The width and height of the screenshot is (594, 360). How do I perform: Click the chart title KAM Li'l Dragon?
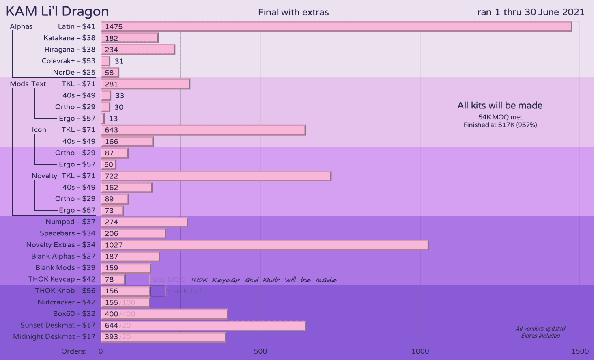point(57,11)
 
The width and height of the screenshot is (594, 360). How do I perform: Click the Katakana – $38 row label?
point(69,38)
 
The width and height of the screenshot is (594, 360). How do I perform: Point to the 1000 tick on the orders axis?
point(420,351)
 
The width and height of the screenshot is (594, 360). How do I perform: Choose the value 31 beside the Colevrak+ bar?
point(119,61)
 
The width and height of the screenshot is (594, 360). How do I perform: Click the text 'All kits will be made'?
point(500,106)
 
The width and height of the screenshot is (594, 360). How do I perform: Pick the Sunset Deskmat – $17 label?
point(58,325)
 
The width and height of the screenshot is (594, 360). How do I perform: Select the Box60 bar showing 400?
point(164,314)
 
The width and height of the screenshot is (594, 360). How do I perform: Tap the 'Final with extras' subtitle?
point(293,12)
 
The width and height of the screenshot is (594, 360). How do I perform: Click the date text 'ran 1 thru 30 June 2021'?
point(531,12)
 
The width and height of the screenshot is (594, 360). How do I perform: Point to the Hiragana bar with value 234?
point(138,50)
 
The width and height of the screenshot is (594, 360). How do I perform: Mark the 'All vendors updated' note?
point(540,329)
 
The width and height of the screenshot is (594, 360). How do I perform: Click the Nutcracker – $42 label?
point(67,302)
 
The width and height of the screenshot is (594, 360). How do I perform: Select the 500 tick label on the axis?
point(260,351)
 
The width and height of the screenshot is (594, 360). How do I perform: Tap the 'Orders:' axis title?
point(73,351)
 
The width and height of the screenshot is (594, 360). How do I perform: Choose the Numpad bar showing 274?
point(144,222)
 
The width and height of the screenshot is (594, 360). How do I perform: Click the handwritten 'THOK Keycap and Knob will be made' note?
point(263,280)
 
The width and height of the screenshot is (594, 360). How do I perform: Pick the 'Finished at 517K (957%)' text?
point(500,125)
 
